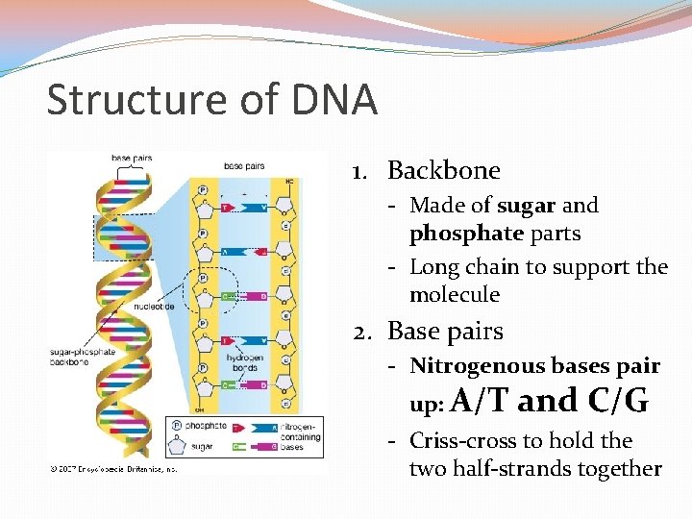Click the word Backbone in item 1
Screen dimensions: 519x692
click(443, 171)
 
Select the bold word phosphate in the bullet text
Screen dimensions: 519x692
click(466, 234)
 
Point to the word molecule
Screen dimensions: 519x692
click(455, 294)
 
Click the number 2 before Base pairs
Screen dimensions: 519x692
click(360, 332)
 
